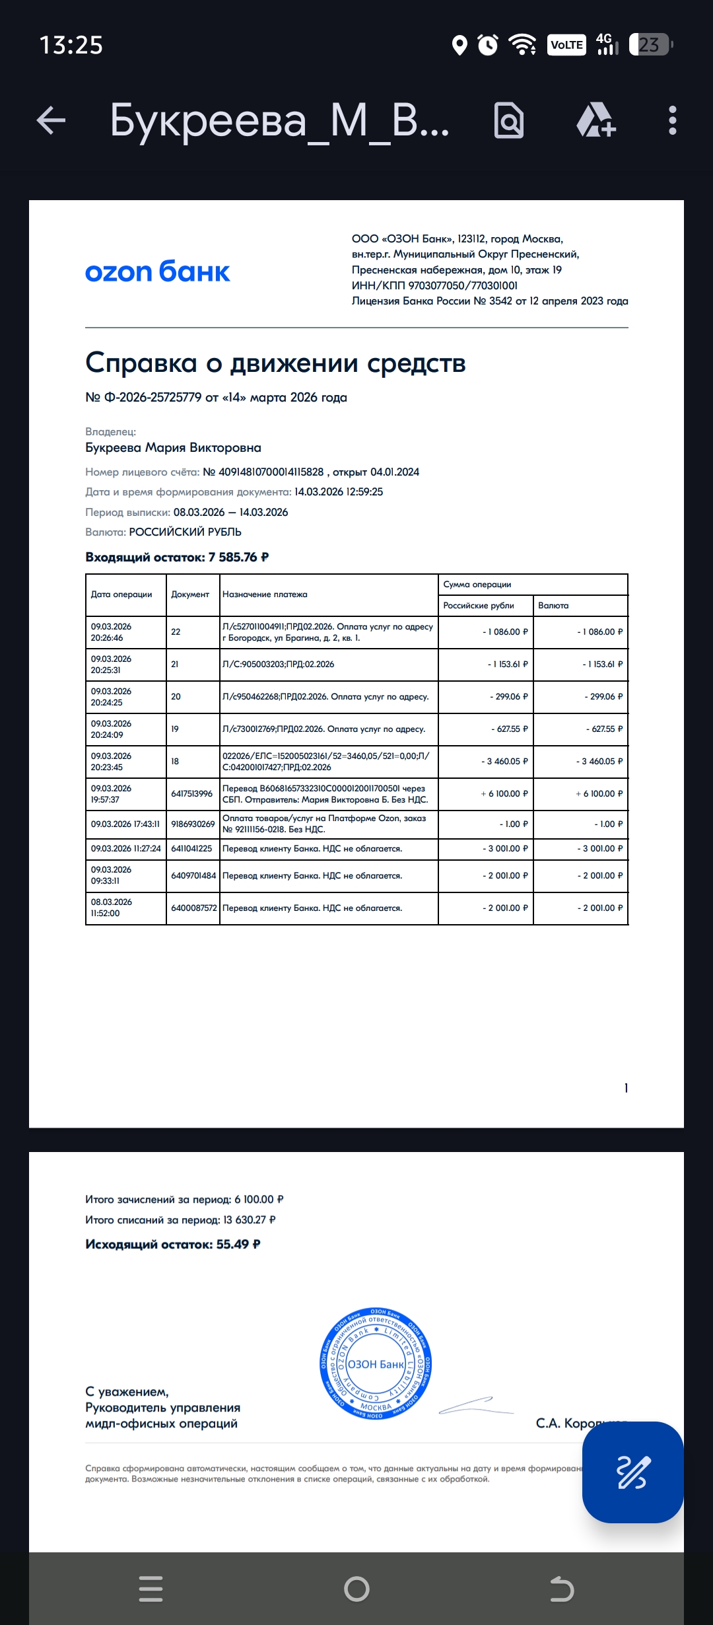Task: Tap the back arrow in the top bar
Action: pos(51,121)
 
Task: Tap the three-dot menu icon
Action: pos(672,121)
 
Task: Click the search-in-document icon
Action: pos(509,121)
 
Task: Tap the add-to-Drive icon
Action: pos(596,121)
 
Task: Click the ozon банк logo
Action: pos(157,271)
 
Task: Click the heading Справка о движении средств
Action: pos(275,363)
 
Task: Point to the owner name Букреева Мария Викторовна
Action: pos(173,448)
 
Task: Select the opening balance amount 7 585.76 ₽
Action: pos(238,558)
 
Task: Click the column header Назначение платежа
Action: pos(265,595)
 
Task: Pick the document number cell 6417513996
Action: pos(191,794)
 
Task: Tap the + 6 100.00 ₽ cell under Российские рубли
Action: pos(504,794)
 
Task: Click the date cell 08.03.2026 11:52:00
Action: pos(111,908)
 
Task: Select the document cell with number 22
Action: pos(176,632)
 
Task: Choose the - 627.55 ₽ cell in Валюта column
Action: pos(604,729)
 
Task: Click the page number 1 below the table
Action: pos(626,1089)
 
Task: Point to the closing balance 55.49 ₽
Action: pos(238,1245)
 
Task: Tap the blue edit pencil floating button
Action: pos(632,1472)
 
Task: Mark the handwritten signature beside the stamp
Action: pos(475,1405)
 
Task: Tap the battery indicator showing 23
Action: pos(650,45)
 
